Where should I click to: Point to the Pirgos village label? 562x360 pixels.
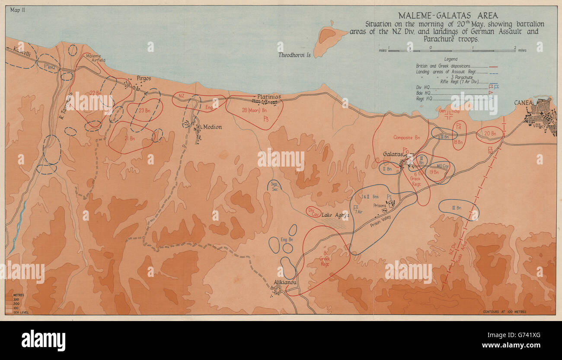coord(144,78)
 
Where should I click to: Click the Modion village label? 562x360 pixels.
coord(212,127)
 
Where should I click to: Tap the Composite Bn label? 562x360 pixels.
coord(406,138)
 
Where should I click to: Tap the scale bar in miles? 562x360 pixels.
coord(451,50)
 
